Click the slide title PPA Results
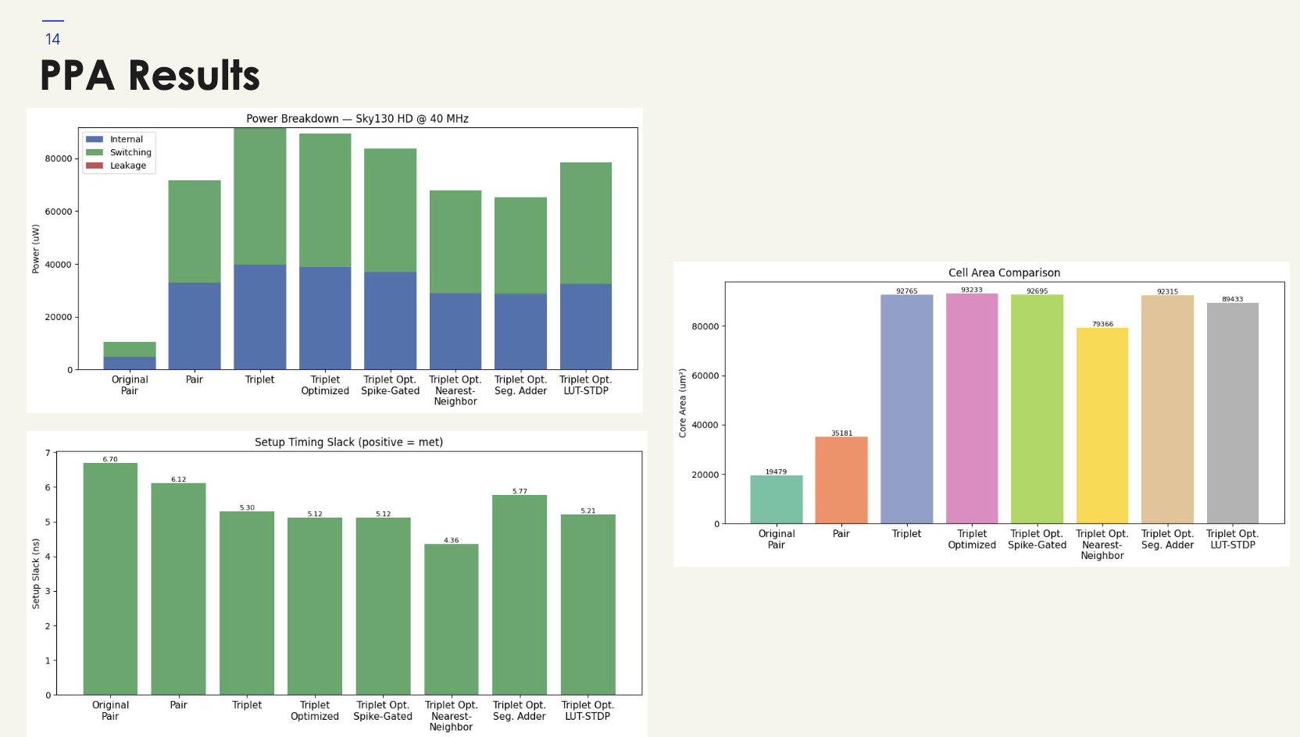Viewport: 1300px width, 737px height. pyautogui.click(x=149, y=76)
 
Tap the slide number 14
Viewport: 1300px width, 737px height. pyautogui.click(x=52, y=39)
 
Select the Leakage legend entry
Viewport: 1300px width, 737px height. pyautogui.click(x=127, y=166)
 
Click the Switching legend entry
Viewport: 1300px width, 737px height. pyautogui.click(x=130, y=152)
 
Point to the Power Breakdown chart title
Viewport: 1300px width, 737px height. pyautogui.click(x=357, y=119)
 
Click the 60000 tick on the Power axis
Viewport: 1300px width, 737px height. pyautogui.click(x=59, y=212)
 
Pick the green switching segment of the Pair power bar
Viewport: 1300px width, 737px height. pyautogui.click(x=195, y=231)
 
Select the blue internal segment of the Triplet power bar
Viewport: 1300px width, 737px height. pyautogui.click(x=259, y=317)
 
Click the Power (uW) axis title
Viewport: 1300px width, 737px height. pyautogui.click(x=36, y=249)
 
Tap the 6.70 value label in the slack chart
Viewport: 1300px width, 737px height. pyautogui.click(x=110, y=459)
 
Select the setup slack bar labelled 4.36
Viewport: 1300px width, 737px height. pyautogui.click(x=452, y=619)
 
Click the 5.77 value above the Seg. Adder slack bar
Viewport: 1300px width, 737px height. pyautogui.click(x=520, y=491)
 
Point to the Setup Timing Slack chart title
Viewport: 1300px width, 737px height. pyautogui.click(x=348, y=442)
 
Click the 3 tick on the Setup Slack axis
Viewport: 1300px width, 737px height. pyautogui.click(x=48, y=591)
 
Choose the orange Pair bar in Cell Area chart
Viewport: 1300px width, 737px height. pyautogui.click(x=841, y=480)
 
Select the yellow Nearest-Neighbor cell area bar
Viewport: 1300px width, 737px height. pyautogui.click(x=1102, y=425)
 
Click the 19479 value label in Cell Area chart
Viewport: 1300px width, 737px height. pyautogui.click(x=776, y=472)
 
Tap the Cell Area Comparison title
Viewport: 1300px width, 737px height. pyautogui.click(x=1004, y=272)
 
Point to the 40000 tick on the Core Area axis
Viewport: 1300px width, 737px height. pyautogui.click(x=705, y=425)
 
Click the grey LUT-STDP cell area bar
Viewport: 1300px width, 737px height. pyautogui.click(x=1233, y=413)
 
